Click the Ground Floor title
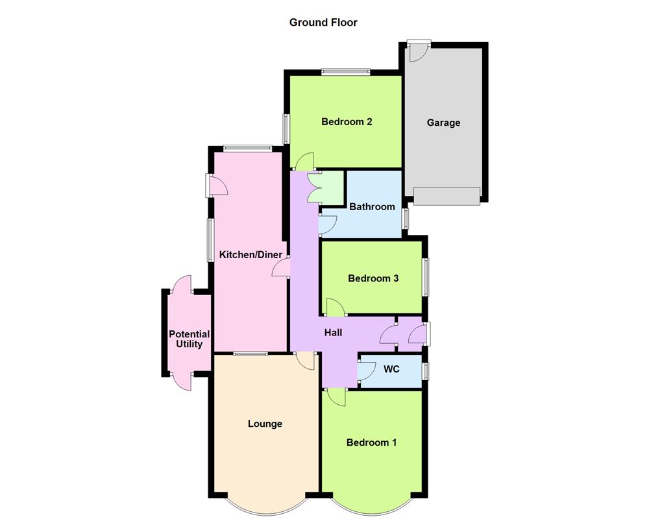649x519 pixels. click(x=323, y=23)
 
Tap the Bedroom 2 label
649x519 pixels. click(x=347, y=121)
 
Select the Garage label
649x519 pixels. click(x=443, y=123)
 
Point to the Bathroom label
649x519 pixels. click(x=372, y=207)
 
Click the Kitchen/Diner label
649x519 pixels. click(x=251, y=255)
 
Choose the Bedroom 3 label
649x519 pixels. click(x=373, y=278)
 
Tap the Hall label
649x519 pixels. click(x=334, y=332)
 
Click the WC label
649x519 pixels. click(x=391, y=369)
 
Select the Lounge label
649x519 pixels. click(x=265, y=424)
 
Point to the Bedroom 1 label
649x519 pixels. click(x=371, y=442)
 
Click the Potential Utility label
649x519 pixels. click(x=189, y=339)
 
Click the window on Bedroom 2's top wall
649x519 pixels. click(x=345, y=72)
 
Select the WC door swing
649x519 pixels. click(x=367, y=370)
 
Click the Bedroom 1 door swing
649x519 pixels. click(x=336, y=397)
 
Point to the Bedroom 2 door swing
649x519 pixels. click(x=304, y=161)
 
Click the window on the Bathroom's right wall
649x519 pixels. click(x=405, y=218)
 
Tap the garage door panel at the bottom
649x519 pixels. click(x=447, y=195)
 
